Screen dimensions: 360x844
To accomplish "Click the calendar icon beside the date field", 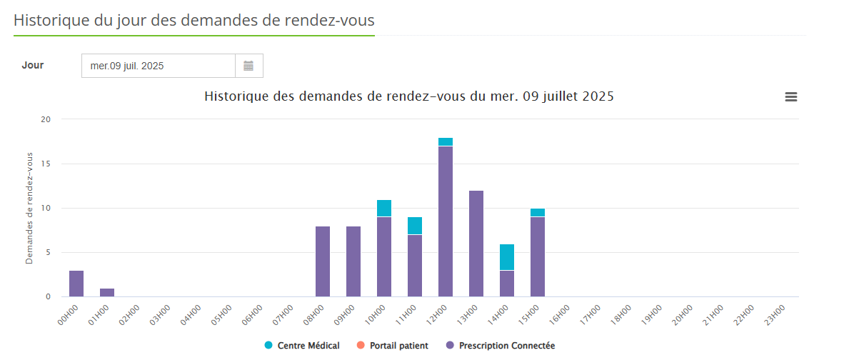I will tap(248, 66).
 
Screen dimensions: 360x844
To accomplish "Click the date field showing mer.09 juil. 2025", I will tap(158, 66).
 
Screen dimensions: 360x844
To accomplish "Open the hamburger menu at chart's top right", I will tap(791, 97).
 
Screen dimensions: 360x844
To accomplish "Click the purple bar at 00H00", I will tap(76, 284).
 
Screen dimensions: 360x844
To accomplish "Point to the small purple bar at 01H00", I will tap(107, 292).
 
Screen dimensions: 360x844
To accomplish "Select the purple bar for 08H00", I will tap(323, 261).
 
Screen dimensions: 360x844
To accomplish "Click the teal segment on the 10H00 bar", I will tap(384, 208).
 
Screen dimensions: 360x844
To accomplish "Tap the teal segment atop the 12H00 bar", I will tap(446, 141).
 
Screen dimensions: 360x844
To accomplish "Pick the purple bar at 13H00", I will tap(476, 244).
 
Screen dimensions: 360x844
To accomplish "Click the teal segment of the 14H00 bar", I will tap(507, 257).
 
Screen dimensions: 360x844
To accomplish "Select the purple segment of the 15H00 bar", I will tap(538, 256).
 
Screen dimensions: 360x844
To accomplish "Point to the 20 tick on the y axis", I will tap(46, 119).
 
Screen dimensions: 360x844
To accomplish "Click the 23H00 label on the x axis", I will tap(775, 314).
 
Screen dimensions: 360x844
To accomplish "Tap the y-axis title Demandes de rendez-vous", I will tap(29, 208).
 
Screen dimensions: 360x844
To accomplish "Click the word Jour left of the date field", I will tap(33, 65).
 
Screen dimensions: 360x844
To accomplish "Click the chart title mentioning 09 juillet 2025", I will tap(409, 96).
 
